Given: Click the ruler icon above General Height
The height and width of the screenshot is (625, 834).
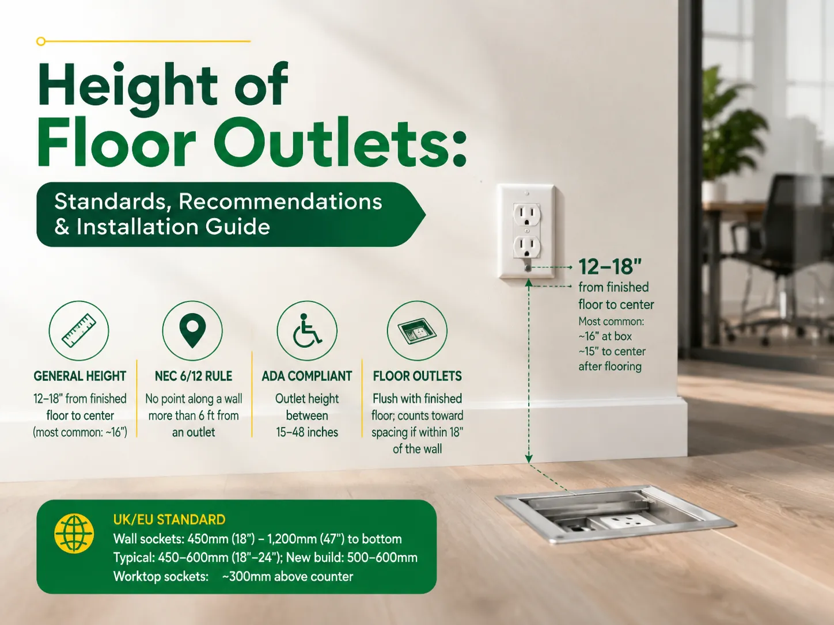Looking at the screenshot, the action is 79,330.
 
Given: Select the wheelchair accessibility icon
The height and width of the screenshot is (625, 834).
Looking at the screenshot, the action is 307,330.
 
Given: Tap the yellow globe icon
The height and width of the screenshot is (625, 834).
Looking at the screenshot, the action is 74,533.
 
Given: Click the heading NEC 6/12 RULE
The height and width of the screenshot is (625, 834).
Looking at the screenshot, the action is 194,376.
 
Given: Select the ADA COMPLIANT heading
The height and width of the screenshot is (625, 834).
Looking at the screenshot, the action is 307,376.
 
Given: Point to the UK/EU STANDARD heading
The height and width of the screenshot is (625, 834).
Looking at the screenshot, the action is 169,520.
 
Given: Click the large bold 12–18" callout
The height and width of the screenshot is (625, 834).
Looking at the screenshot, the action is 610,266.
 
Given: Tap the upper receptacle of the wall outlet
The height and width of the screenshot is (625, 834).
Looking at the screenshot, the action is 526,215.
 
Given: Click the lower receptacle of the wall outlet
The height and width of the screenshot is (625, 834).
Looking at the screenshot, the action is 526,247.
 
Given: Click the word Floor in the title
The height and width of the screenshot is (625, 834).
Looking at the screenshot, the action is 116,142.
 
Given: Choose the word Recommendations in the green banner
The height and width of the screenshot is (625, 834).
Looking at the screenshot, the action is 280,201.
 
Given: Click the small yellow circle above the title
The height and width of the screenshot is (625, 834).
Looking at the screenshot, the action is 41,41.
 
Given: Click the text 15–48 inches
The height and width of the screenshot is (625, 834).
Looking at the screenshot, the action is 307,432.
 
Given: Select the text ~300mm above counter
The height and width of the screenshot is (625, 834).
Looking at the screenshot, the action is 287,577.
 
